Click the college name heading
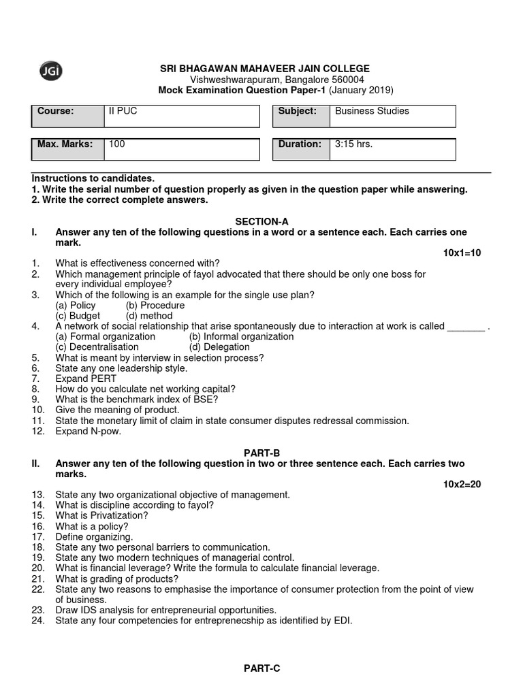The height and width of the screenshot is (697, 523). [x=265, y=69]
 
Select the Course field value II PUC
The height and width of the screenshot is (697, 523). [x=123, y=111]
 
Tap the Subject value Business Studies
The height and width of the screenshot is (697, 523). [x=372, y=111]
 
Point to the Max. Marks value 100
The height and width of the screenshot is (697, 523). [x=117, y=144]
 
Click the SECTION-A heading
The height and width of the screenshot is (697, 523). [x=262, y=221]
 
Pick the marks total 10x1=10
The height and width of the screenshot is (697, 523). [x=462, y=253]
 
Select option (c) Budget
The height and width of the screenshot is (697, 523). [x=78, y=316]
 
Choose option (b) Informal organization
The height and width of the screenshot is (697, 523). [x=241, y=336]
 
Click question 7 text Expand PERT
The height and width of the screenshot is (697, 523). [x=86, y=378]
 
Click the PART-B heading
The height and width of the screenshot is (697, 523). [x=262, y=453]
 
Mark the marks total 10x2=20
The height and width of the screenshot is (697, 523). [x=462, y=484]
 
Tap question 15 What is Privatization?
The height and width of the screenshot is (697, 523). [x=101, y=516]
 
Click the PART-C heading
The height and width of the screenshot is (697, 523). [x=262, y=668]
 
